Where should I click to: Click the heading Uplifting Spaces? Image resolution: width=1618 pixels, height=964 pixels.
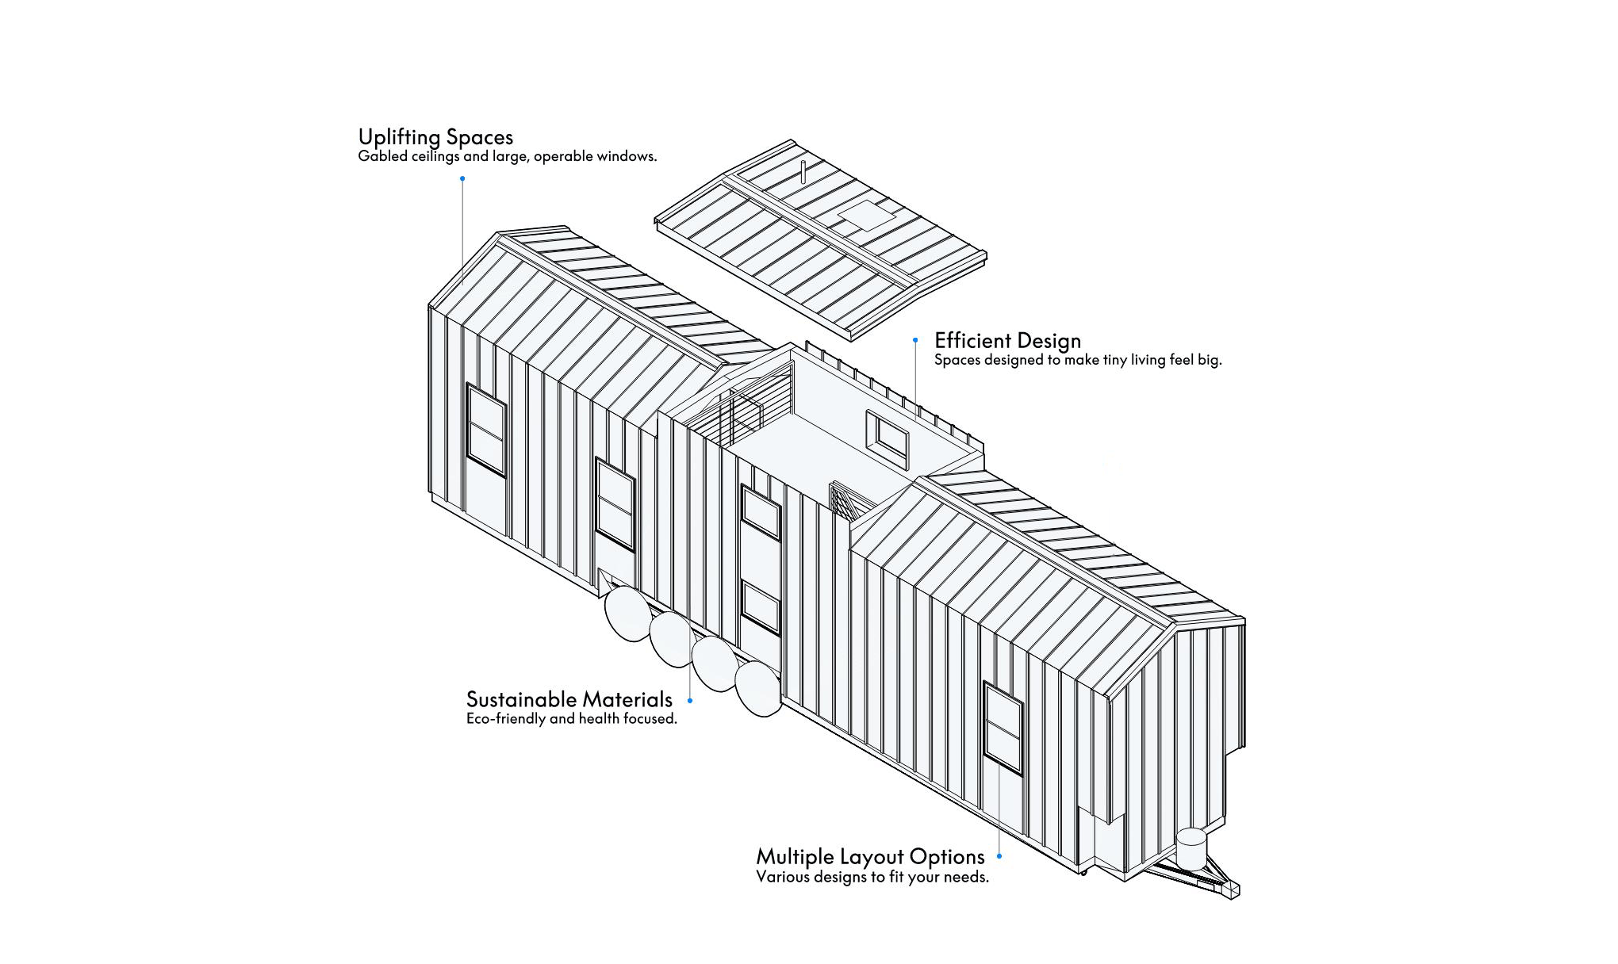click(435, 138)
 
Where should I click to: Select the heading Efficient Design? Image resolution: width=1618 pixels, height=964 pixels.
click(1007, 341)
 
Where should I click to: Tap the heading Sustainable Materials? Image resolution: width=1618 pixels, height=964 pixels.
click(569, 699)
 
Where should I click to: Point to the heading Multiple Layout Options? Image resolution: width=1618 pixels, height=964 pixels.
click(870, 857)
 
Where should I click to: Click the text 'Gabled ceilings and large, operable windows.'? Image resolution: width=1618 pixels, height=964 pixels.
click(508, 156)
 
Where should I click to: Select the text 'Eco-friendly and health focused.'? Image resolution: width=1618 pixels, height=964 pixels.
click(572, 719)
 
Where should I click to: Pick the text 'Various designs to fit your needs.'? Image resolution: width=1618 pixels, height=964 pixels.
click(872, 877)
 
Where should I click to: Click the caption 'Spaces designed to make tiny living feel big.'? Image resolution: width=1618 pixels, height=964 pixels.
click(1078, 360)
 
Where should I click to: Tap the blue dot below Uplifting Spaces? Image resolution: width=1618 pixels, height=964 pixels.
click(462, 178)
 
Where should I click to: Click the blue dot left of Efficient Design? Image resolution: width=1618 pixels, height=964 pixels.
click(915, 340)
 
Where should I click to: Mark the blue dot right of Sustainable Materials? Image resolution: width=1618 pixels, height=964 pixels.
click(690, 701)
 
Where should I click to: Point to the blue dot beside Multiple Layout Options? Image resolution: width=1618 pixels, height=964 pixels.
click(999, 856)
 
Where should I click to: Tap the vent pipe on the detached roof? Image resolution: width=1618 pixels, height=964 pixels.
click(803, 172)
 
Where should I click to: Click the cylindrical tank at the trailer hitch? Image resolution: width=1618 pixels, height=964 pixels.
click(1191, 848)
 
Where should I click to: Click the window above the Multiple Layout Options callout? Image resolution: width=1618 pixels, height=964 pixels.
click(1003, 727)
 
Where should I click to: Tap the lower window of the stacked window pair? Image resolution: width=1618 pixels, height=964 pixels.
click(761, 607)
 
